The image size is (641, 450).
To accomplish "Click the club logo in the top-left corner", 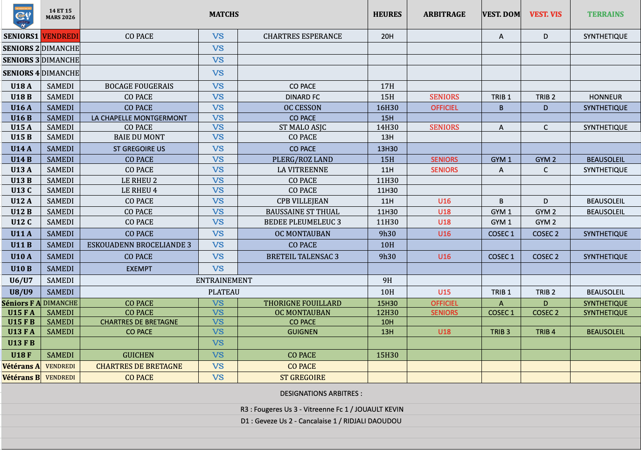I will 23,16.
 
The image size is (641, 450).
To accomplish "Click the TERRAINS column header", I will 605,14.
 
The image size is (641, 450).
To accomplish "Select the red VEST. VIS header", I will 545,14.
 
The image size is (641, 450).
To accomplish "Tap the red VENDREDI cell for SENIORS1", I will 60,36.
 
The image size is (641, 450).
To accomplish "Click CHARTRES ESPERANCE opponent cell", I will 302,36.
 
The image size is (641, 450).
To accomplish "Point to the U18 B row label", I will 21,97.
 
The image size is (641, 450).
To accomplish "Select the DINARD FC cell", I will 302,97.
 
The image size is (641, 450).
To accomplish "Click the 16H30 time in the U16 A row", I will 387,108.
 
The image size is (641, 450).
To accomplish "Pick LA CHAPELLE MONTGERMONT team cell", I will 139,118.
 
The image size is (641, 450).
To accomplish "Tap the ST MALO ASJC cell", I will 302,127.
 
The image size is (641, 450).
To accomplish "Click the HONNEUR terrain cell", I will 605,97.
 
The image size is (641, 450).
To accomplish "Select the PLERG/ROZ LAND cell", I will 302,160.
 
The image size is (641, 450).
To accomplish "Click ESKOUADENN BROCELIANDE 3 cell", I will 139,245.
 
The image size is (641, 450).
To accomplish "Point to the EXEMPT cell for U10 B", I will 139,269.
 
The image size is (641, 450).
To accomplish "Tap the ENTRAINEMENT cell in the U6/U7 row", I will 224,281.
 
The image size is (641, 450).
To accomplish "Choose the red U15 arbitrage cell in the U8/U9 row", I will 444,292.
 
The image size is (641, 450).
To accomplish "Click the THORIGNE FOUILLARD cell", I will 302,303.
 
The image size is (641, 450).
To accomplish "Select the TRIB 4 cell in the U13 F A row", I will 545,332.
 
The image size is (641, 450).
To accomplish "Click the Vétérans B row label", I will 21,378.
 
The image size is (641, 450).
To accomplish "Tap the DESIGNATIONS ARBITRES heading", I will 321,394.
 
